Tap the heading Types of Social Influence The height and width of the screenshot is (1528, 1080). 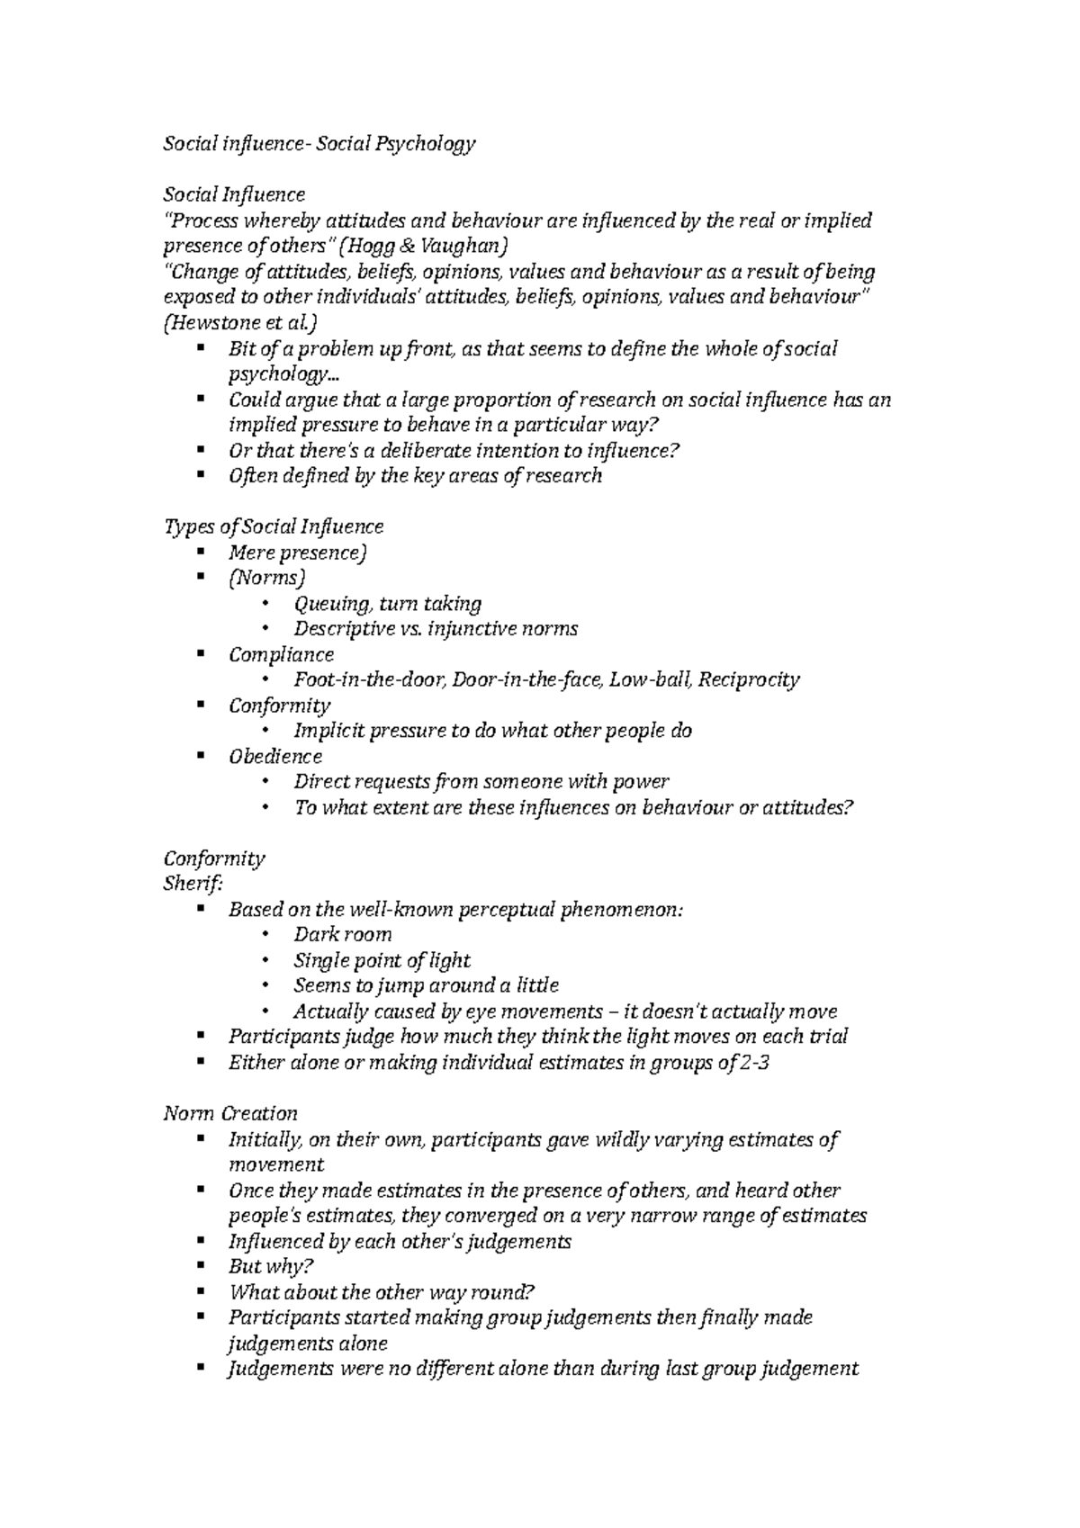point(273,526)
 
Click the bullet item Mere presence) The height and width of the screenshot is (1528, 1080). point(298,553)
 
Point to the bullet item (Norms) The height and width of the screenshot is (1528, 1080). point(267,578)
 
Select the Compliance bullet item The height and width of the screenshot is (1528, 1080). point(281,654)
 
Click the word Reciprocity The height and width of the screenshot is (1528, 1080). point(749,680)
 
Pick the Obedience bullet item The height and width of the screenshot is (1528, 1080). point(274,757)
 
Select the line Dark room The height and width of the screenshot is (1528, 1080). point(342,935)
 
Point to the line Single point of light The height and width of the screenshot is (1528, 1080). point(382,961)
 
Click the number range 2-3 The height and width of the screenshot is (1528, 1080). point(753,1063)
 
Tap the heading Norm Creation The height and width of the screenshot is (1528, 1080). point(229,1114)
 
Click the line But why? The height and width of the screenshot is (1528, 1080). point(271,1267)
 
